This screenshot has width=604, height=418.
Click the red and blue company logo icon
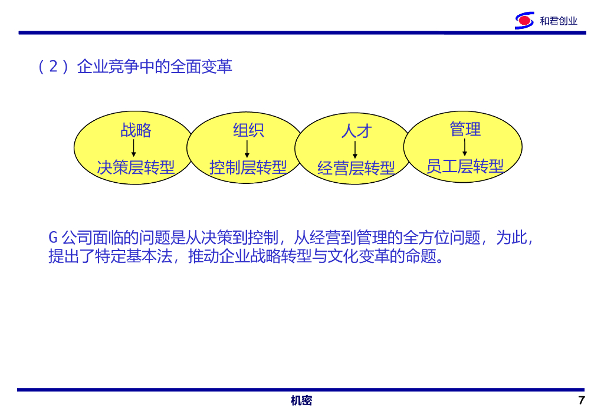coord(524,21)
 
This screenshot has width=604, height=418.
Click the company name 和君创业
coord(558,21)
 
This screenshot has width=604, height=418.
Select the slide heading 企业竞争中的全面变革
coord(155,67)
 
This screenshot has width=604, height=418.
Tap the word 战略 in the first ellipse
coord(136,130)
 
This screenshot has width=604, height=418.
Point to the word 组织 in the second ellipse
coord(248,130)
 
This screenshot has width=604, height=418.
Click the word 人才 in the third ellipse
coord(356,131)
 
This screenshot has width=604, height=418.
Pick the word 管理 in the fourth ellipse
coord(465,129)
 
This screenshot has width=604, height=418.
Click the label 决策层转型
coord(136,167)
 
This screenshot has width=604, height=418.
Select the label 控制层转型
coord(248,167)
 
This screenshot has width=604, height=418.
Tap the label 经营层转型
coord(356,169)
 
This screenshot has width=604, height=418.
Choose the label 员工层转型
coord(465,166)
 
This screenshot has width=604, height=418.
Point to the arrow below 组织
coord(247,149)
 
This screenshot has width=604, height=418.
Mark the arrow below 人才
coord(355,150)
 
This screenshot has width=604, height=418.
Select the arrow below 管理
coord(465,147)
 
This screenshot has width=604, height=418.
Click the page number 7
coord(582,401)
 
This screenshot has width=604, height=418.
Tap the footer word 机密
coord(301,401)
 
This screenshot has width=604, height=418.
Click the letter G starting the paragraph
coord(52,238)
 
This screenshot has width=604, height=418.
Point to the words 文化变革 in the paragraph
coord(360,257)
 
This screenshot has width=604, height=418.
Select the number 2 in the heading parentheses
coord(53,67)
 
